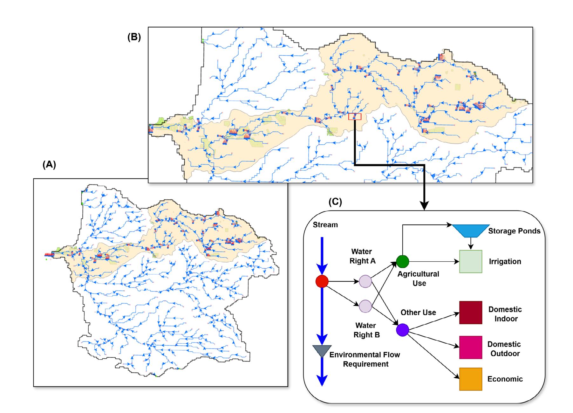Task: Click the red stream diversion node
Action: point(322,281)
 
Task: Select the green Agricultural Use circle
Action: point(402,262)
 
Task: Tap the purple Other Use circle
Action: point(402,330)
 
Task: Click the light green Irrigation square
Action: point(471,262)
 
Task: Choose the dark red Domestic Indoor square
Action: point(471,313)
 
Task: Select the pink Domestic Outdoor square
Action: point(471,347)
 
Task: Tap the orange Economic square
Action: point(471,379)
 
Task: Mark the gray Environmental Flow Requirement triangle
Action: point(322,351)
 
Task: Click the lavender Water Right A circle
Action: point(365,281)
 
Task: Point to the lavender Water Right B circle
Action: point(365,306)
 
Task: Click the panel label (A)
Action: point(49,164)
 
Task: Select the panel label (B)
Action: point(134,37)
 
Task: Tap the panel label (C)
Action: point(335,202)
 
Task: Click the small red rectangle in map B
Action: point(355,117)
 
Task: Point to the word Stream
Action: point(325,225)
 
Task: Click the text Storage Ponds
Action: point(514,231)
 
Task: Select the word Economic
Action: point(505,379)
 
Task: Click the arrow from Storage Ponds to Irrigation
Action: point(471,244)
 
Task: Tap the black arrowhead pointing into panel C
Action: point(424,206)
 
